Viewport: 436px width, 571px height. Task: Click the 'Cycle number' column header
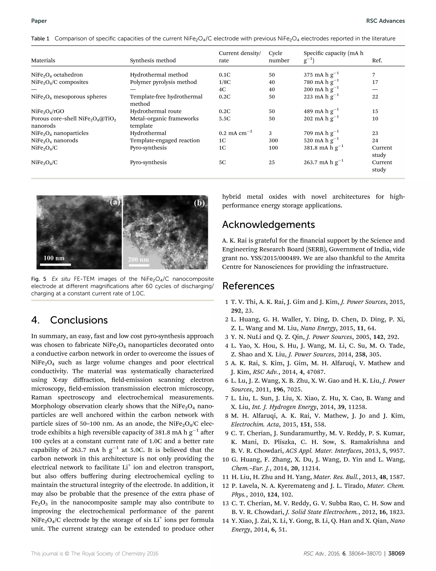pos(279,57)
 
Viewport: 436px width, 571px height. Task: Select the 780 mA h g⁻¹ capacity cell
pos(321,82)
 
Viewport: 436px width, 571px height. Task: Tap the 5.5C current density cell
pos(224,119)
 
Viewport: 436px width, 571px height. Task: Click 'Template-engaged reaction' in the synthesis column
pos(165,141)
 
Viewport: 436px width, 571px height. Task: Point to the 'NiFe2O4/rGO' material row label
pos(47,111)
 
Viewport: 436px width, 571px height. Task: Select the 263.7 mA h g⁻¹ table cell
pos(323,162)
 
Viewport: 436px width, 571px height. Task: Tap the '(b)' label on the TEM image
pos(199,203)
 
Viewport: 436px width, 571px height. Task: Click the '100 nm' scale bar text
pos(54,258)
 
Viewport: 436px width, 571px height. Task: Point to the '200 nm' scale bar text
pos(138,259)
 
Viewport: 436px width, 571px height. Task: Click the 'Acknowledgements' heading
pos(268,225)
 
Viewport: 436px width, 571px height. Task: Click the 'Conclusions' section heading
pos(79,320)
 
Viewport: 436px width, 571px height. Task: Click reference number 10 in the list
pos(225,460)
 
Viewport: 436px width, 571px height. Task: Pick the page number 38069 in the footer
pos(396,554)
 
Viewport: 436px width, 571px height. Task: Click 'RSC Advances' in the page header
pos(385,21)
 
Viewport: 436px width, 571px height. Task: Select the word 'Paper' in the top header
pos(39,21)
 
